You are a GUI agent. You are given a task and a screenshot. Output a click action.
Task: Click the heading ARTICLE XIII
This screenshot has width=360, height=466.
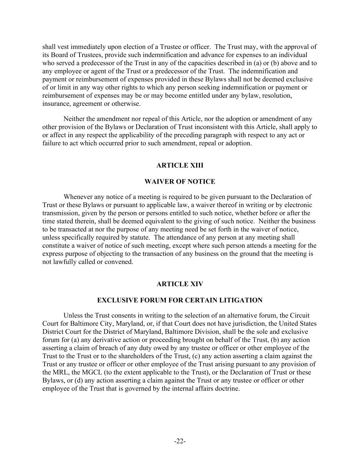tap(180, 166)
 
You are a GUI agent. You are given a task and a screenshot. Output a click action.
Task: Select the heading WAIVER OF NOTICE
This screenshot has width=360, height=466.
tap(180, 182)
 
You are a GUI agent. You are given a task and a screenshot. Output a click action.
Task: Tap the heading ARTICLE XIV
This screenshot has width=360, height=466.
tap(180, 284)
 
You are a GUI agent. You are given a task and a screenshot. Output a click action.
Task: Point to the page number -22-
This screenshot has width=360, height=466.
tap(180, 441)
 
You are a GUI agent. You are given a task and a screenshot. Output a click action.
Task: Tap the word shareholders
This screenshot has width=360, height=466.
tap(131, 356)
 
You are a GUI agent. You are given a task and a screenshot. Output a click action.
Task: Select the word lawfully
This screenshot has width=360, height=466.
tap(65, 262)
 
